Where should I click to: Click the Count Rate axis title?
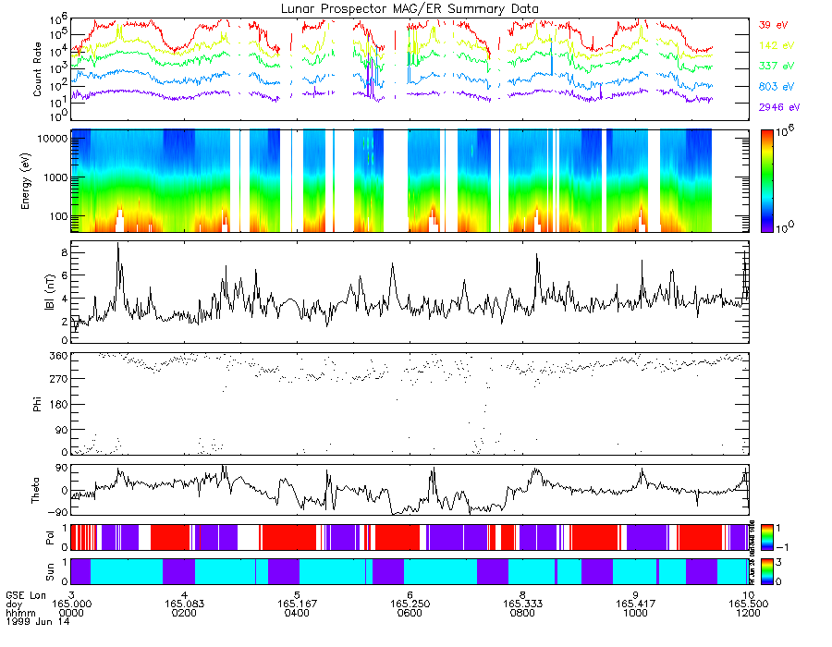click(39, 69)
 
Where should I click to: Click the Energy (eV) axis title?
click(39, 180)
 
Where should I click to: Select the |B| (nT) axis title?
click(39, 292)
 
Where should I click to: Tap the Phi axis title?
click(39, 403)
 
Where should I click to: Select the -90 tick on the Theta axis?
click(58, 512)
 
